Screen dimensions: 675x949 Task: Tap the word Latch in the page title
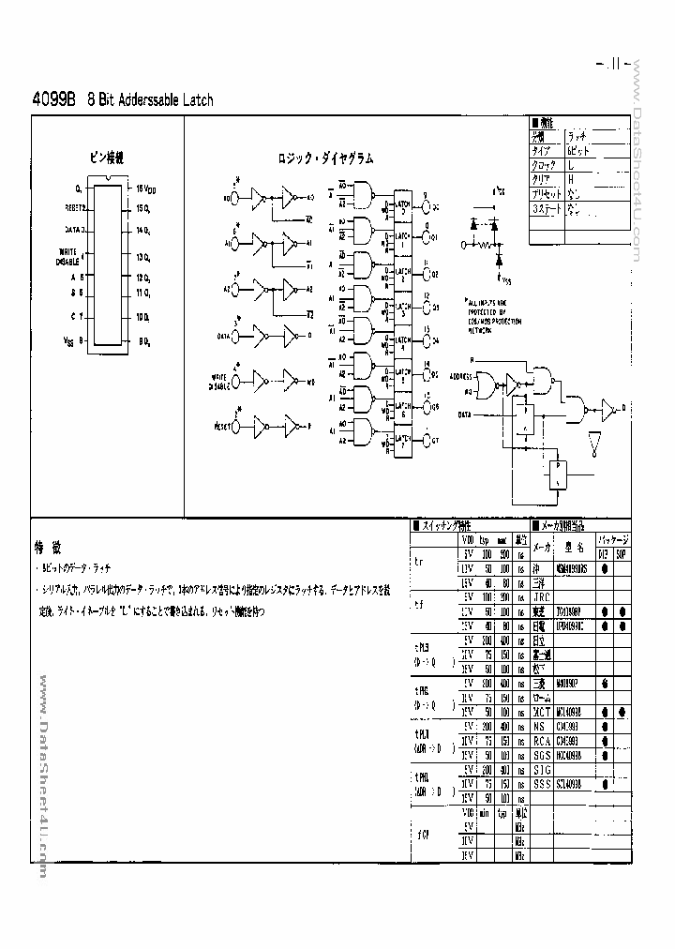click(x=191, y=99)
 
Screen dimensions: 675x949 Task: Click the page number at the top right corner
click(x=613, y=65)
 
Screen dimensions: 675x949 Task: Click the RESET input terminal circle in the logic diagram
click(x=236, y=428)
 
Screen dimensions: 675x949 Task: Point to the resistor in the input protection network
click(x=485, y=243)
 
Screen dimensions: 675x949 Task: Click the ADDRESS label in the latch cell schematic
click(x=459, y=374)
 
